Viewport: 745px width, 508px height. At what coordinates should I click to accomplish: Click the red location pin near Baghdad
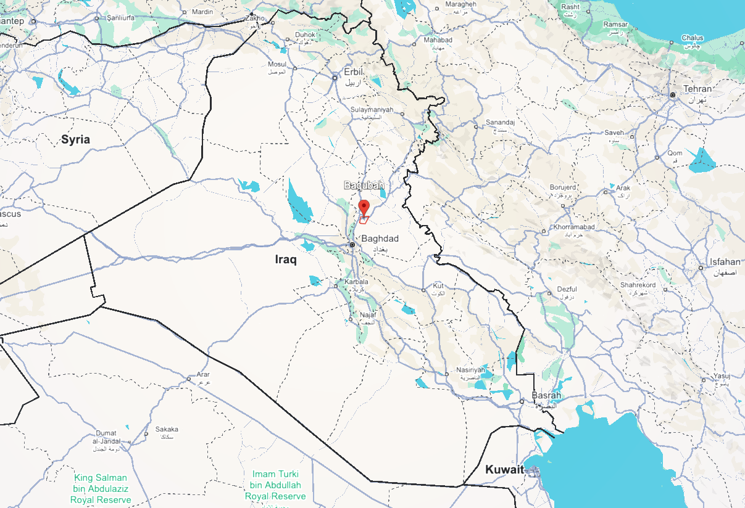[364, 207]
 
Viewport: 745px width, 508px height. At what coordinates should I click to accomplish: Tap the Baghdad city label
[380, 239]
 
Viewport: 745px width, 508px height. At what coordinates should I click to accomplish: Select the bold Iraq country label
[286, 260]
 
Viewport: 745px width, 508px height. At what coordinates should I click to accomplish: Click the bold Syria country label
[75, 139]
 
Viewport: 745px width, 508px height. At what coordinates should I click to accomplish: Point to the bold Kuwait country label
[504, 469]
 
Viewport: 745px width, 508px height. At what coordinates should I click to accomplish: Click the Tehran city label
[697, 89]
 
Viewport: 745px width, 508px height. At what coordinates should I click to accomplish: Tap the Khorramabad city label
[574, 227]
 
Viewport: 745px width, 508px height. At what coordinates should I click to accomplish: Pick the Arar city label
[203, 374]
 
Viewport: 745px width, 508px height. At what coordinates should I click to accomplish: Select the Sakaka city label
[167, 429]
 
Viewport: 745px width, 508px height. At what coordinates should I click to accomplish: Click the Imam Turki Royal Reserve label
[275, 485]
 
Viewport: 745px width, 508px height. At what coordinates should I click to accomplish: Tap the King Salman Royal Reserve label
[101, 488]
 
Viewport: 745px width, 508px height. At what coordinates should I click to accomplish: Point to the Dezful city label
[566, 289]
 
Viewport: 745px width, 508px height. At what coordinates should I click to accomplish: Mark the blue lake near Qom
[702, 161]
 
